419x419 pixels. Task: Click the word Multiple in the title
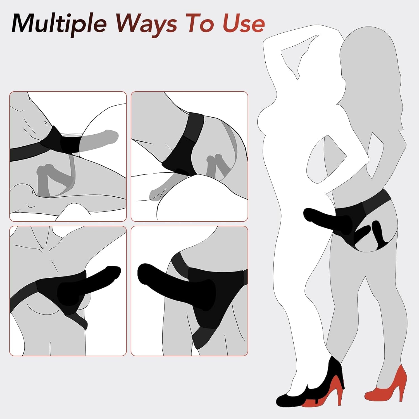coord(59,23)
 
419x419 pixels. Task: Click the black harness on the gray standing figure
coord(363,215)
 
